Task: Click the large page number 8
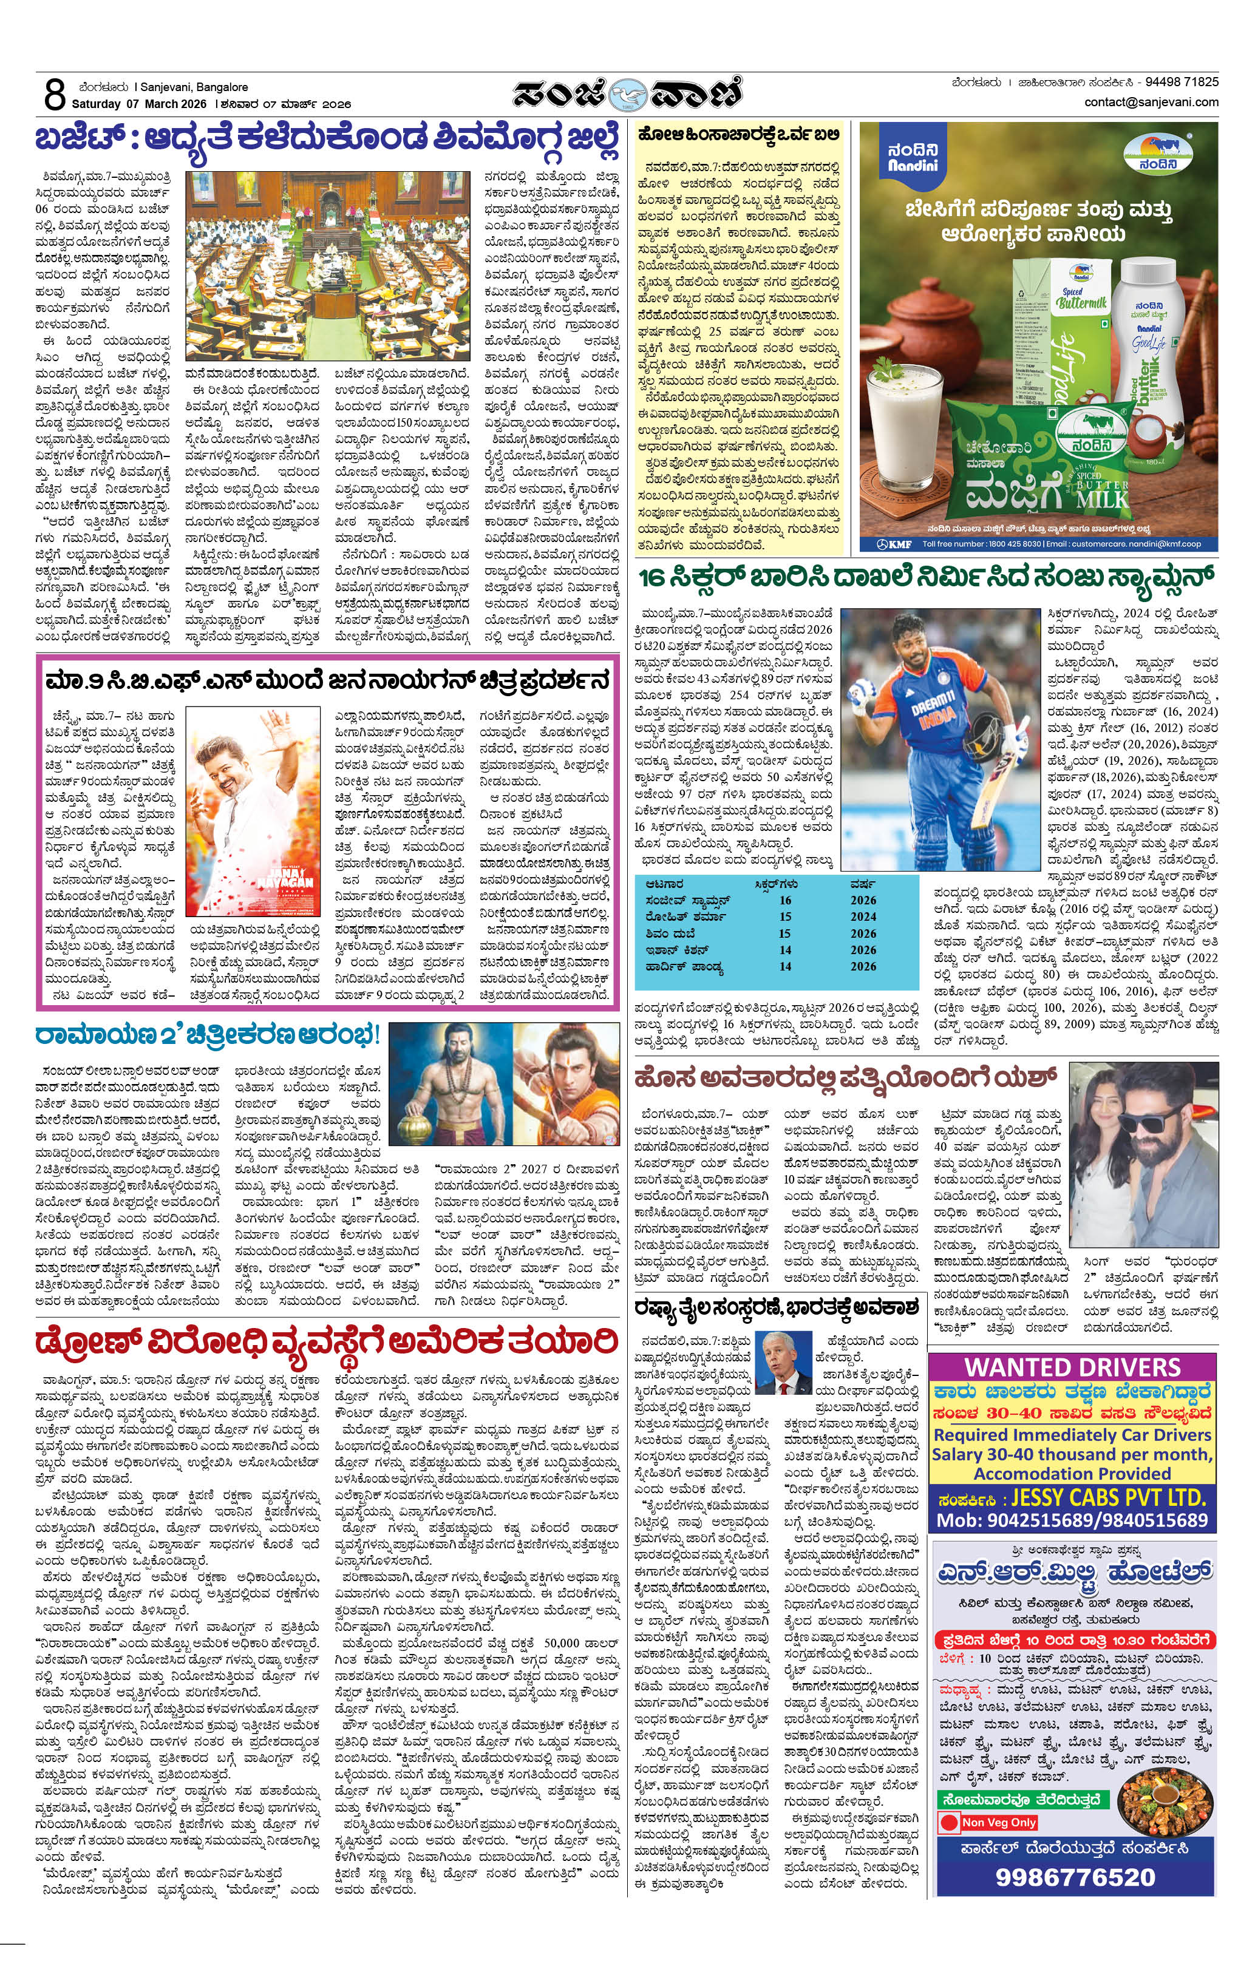(54, 95)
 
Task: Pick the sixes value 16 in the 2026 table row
(785, 900)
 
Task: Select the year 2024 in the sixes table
(863, 917)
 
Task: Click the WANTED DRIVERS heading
(1072, 1367)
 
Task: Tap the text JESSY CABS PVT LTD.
(1108, 1498)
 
